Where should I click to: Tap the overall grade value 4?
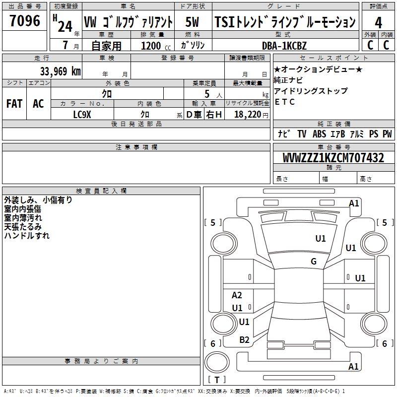[x=378, y=22]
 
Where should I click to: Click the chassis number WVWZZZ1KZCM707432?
[x=333, y=158]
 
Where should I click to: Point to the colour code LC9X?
[x=82, y=114]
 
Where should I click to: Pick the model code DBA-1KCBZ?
[x=284, y=45]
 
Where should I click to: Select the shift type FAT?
[x=14, y=104]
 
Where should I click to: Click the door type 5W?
[x=193, y=22]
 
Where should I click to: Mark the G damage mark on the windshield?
[x=314, y=262]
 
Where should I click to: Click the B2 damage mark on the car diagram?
[x=244, y=339]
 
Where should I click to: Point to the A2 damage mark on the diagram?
[x=237, y=295]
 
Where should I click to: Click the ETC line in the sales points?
[x=284, y=102]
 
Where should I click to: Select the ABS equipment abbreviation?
[x=319, y=133]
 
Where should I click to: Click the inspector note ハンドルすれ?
[x=27, y=236]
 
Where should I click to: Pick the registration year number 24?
[x=65, y=26]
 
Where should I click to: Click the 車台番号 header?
[x=333, y=147]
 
